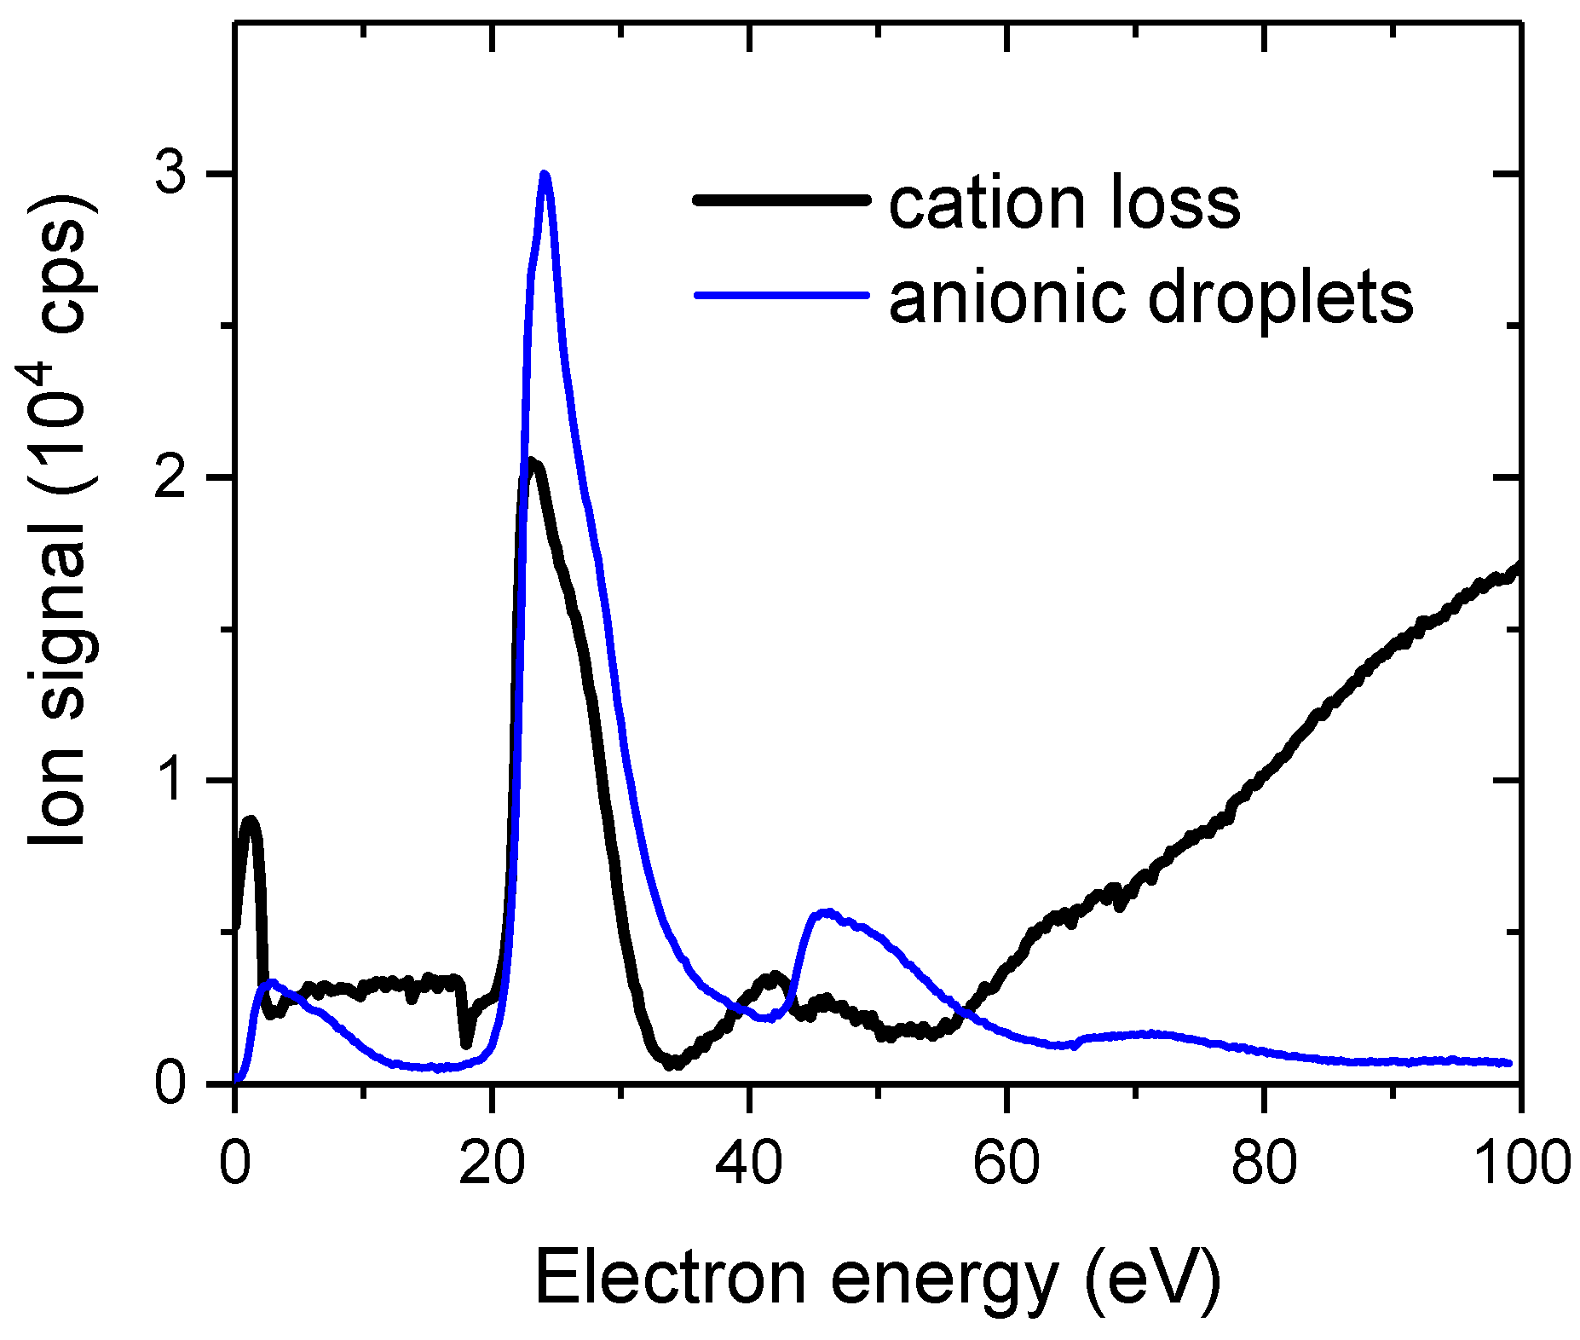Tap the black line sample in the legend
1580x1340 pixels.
(782, 201)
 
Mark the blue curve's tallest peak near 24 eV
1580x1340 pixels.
(545, 175)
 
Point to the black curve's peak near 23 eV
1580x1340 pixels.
(532, 464)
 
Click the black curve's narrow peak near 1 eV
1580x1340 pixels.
(250, 821)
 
